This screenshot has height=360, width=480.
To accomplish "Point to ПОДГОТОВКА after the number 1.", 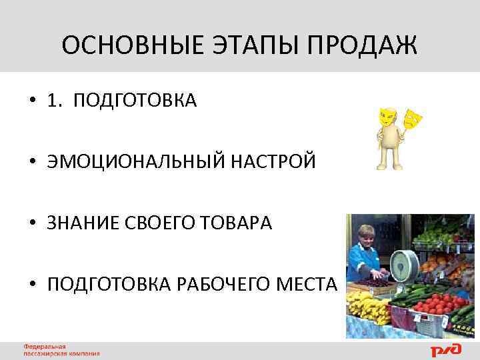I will point(135,101).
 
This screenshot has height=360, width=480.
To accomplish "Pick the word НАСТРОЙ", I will point(273,161).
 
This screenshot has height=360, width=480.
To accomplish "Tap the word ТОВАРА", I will point(241,223).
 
